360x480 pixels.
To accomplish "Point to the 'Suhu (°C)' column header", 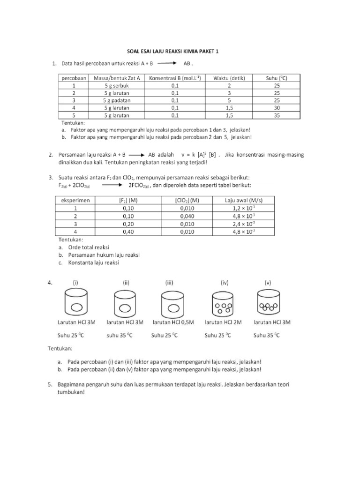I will pyautogui.click(x=276, y=78).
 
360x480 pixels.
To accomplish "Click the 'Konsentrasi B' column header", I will pyautogui.click(x=175, y=78).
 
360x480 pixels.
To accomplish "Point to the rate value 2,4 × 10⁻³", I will pyautogui.click(x=244, y=224).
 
